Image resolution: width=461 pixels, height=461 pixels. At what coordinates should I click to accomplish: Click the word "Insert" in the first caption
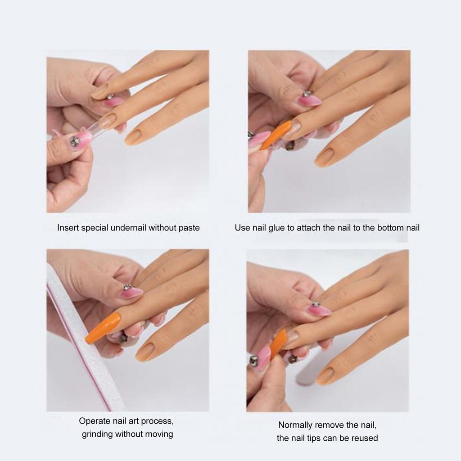68,228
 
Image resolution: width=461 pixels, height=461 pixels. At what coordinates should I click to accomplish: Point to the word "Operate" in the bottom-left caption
94,421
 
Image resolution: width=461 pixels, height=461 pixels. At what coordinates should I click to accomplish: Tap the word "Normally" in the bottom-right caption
295,425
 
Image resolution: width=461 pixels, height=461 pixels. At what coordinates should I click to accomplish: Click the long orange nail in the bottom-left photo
103,328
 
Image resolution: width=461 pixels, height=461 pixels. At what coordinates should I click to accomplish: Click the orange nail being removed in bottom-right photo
278,343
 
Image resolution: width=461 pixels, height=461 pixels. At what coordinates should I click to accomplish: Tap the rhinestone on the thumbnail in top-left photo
75,142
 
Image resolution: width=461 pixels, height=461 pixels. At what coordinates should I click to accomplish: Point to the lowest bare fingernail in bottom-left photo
145,352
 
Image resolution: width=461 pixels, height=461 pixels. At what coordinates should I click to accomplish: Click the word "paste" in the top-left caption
189,228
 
